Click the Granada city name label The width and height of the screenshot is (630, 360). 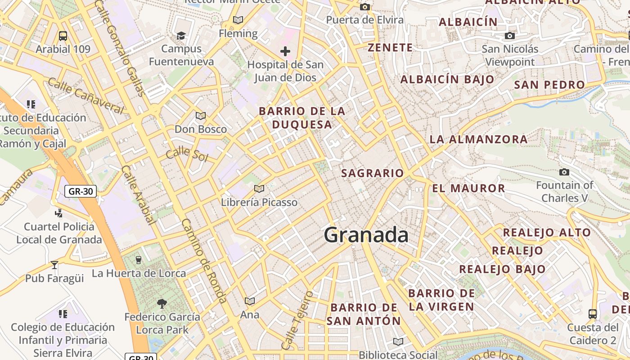pos(366,235)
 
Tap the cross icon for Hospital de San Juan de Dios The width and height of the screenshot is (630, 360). pos(285,51)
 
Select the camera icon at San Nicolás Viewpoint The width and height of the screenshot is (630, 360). pos(509,36)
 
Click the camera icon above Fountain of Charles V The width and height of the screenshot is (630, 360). pos(564,172)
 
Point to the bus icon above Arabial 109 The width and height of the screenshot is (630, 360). pos(63,36)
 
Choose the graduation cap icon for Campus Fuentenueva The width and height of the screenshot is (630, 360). pos(181,36)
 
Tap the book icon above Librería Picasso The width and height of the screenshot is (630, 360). pos(259,189)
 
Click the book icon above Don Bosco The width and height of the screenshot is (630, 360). pos(201,116)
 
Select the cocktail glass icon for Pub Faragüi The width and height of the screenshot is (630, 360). pos(54,265)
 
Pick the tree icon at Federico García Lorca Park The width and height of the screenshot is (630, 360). pos(162,304)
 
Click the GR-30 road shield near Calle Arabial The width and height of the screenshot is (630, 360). pos(81,191)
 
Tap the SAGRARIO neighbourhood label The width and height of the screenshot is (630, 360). pos(373,173)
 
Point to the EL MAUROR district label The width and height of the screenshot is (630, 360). pos(468,189)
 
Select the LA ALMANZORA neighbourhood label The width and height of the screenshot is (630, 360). pos(478,139)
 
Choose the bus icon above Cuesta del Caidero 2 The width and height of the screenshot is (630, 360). pos(593,314)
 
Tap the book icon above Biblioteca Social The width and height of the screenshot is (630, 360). pos(398,342)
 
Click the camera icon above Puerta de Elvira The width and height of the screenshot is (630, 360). pos(365,7)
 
